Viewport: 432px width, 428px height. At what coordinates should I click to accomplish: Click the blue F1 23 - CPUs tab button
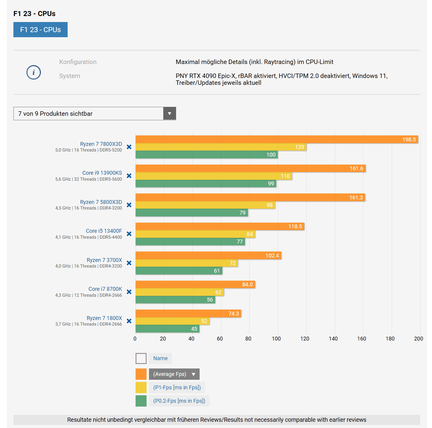pyautogui.click(x=41, y=30)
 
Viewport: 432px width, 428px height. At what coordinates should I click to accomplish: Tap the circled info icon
pyautogui.click(x=34, y=72)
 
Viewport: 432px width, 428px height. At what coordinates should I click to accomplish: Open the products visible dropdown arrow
pyautogui.click(x=170, y=114)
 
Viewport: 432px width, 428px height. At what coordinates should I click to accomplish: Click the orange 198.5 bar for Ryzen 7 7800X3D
pyautogui.click(x=276, y=139)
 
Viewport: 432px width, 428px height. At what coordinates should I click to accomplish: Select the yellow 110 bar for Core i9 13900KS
pyautogui.click(x=214, y=176)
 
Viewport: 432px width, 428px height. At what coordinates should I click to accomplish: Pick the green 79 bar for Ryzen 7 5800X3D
pyautogui.click(x=192, y=213)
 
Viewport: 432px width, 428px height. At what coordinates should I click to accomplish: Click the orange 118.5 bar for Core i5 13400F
pyautogui.click(x=220, y=227)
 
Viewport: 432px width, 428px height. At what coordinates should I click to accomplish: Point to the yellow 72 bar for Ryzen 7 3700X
pyautogui.click(x=187, y=263)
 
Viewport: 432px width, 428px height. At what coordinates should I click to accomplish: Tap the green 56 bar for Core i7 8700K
pyautogui.click(x=175, y=300)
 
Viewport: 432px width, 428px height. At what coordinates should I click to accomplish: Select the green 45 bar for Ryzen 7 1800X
pyautogui.click(x=167, y=329)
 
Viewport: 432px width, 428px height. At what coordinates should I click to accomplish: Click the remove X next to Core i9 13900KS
pyautogui.click(x=129, y=176)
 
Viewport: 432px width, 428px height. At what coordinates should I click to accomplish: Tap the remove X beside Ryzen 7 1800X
pyautogui.click(x=129, y=321)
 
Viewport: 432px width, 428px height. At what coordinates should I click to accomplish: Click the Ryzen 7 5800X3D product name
pyautogui.click(x=101, y=202)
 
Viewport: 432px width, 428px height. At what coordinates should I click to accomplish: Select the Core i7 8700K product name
pyautogui.click(x=105, y=289)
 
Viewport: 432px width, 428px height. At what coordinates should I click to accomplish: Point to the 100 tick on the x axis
pyautogui.click(x=276, y=339)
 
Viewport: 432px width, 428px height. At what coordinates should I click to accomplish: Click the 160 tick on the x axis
pyautogui.click(x=362, y=339)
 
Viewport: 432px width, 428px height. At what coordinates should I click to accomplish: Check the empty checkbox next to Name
pyautogui.click(x=141, y=358)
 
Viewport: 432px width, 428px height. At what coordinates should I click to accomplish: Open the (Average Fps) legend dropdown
pyautogui.click(x=174, y=374)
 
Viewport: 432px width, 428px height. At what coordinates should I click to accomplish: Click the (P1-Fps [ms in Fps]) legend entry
pyautogui.click(x=177, y=388)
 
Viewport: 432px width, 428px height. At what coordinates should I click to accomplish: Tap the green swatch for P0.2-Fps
pyautogui.click(x=141, y=401)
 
